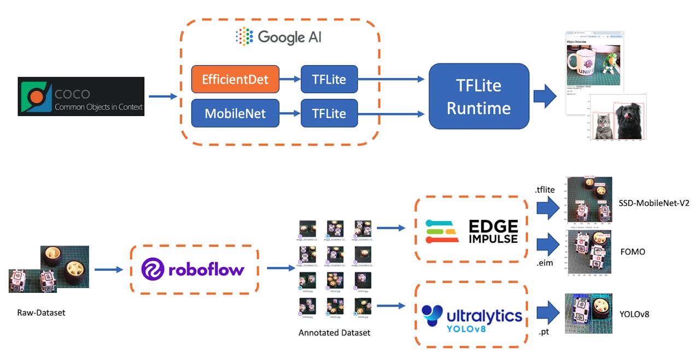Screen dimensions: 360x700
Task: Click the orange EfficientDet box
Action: click(x=235, y=79)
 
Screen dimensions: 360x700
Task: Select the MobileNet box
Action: click(x=235, y=113)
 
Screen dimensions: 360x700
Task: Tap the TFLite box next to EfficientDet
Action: click(x=329, y=79)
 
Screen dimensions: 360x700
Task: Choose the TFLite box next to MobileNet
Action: click(x=329, y=113)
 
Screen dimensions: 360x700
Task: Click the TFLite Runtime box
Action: click(x=479, y=96)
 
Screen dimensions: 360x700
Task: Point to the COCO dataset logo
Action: click(x=81, y=96)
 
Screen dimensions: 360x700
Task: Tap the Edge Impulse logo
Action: click(x=471, y=231)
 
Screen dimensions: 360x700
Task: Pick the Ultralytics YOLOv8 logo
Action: click(x=471, y=314)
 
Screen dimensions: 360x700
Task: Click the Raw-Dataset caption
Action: click(x=41, y=313)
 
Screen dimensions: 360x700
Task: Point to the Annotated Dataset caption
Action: click(x=334, y=333)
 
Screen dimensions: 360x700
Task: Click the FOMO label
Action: click(x=633, y=252)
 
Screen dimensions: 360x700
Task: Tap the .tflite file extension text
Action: click(x=545, y=190)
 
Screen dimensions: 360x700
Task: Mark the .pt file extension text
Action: click(x=544, y=331)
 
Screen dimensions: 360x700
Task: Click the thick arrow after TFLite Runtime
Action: click(x=545, y=96)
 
